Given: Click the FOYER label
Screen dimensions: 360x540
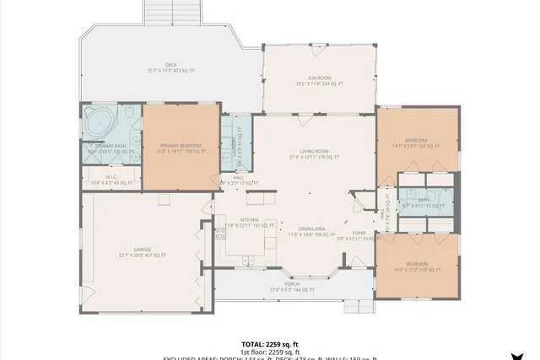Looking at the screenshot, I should [359, 235].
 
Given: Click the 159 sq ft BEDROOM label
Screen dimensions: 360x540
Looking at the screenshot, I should [416, 266].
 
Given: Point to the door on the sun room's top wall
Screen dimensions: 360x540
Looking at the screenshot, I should [318, 45].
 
